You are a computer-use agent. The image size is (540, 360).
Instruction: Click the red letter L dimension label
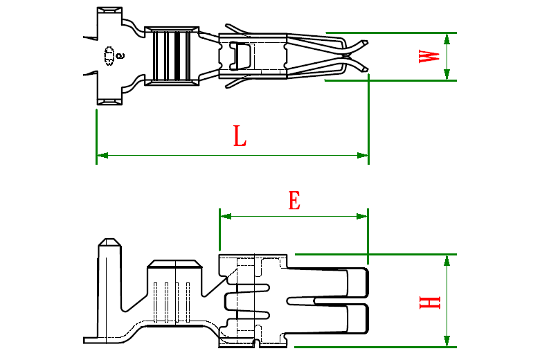[x=239, y=136]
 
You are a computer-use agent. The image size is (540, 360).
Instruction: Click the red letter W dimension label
[x=430, y=56]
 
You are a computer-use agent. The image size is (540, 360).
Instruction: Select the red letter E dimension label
[x=294, y=201]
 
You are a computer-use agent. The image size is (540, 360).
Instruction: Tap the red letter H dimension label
[x=430, y=302]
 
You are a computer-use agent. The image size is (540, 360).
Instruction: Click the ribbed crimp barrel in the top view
[x=172, y=56]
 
